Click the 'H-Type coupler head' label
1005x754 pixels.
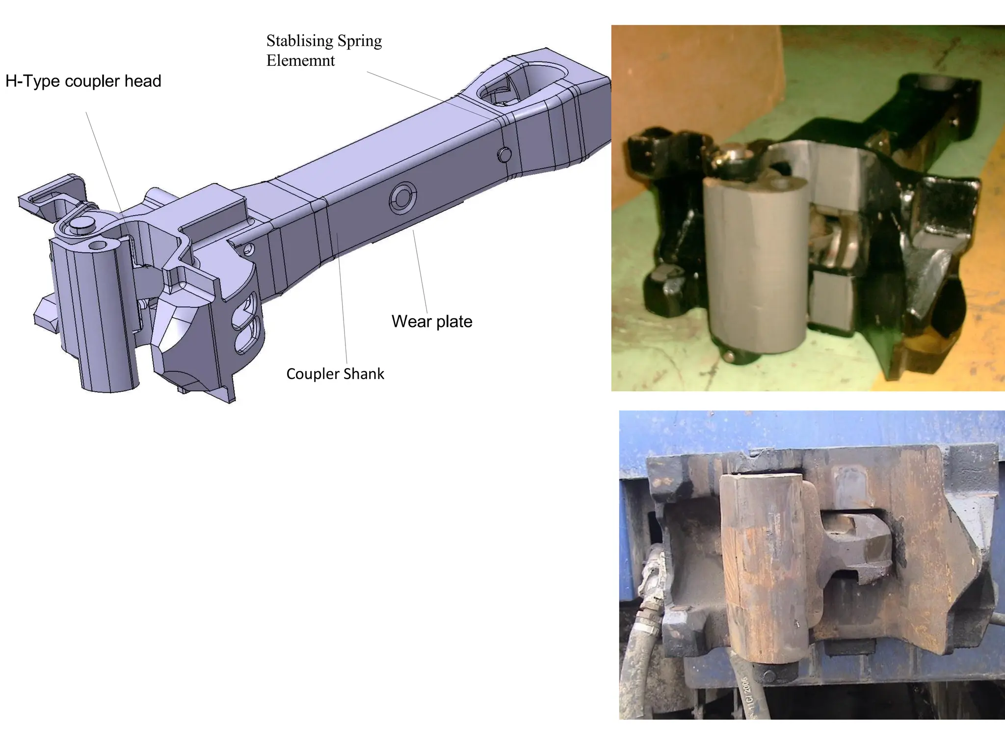83,81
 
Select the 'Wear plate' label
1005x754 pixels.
431,322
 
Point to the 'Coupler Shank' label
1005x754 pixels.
335,374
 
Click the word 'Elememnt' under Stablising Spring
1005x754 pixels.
300,61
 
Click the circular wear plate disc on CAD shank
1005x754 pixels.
403,198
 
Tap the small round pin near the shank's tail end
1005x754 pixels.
503,155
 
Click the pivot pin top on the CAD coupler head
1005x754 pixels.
81,224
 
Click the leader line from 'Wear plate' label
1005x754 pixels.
420,270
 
